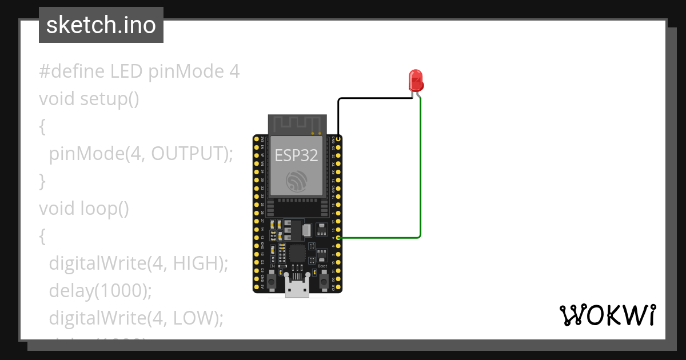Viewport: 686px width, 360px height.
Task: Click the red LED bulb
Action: point(416,81)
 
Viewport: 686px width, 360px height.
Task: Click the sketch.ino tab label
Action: point(101,25)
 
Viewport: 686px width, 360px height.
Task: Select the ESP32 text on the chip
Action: point(297,155)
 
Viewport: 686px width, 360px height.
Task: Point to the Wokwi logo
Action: point(607,315)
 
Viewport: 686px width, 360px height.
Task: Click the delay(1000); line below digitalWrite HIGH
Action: point(100,290)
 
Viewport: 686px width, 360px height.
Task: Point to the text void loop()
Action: point(84,209)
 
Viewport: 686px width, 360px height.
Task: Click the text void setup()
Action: point(89,99)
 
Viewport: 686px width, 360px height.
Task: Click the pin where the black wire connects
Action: point(339,139)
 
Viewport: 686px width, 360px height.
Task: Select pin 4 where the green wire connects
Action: point(339,237)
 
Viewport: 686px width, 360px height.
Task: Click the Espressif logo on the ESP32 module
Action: point(297,181)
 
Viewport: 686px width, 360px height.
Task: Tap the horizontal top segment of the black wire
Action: point(374,98)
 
